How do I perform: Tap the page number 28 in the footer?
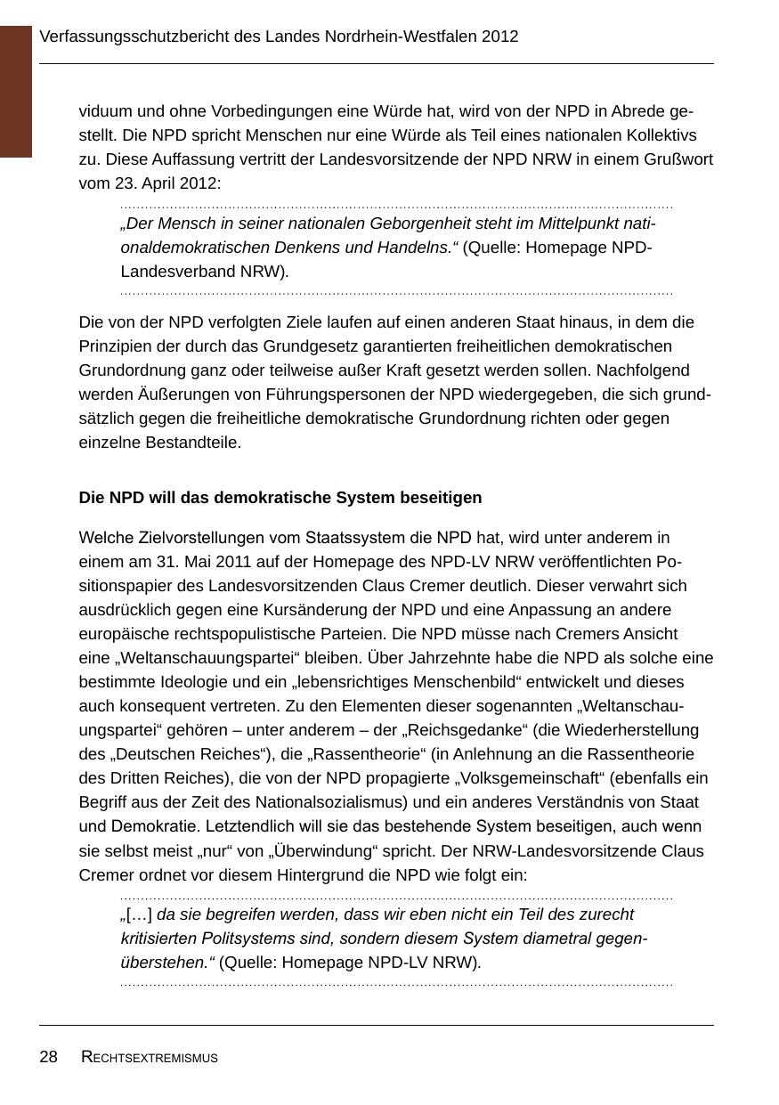point(48,1057)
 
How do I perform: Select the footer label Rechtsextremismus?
point(150,1058)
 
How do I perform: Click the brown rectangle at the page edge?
point(16,91)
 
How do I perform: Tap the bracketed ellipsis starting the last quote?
point(139,914)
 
